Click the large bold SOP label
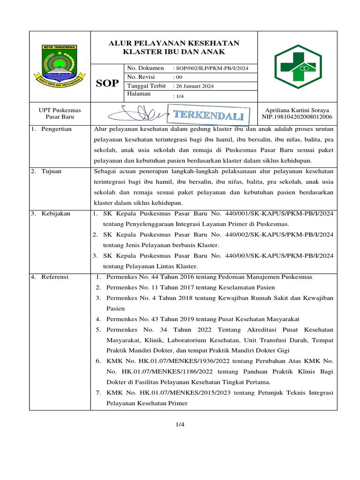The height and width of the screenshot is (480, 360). tap(107, 83)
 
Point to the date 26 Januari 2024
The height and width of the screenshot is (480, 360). tap(194, 86)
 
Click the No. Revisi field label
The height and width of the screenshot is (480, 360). tap(140, 77)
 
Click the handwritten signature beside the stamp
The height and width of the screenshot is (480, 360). tap(141, 114)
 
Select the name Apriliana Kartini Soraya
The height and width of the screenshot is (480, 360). tap(297, 110)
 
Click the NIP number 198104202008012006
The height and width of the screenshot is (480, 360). tap(297, 117)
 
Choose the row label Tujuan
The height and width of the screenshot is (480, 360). tap(51, 172)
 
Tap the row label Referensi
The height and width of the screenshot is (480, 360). tap(54, 277)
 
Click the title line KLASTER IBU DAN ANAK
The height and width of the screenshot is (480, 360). tap(174, 52)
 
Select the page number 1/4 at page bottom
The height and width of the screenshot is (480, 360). tap(180, 425)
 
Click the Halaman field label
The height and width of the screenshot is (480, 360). tap(139, 94)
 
